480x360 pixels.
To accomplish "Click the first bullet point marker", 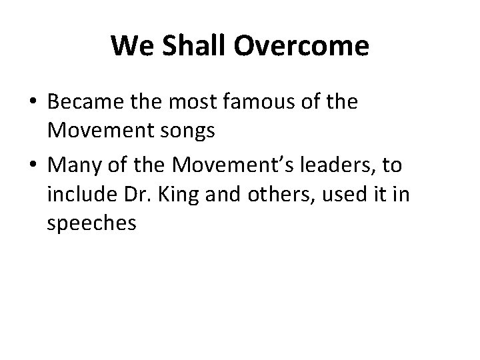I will click(32, 103).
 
